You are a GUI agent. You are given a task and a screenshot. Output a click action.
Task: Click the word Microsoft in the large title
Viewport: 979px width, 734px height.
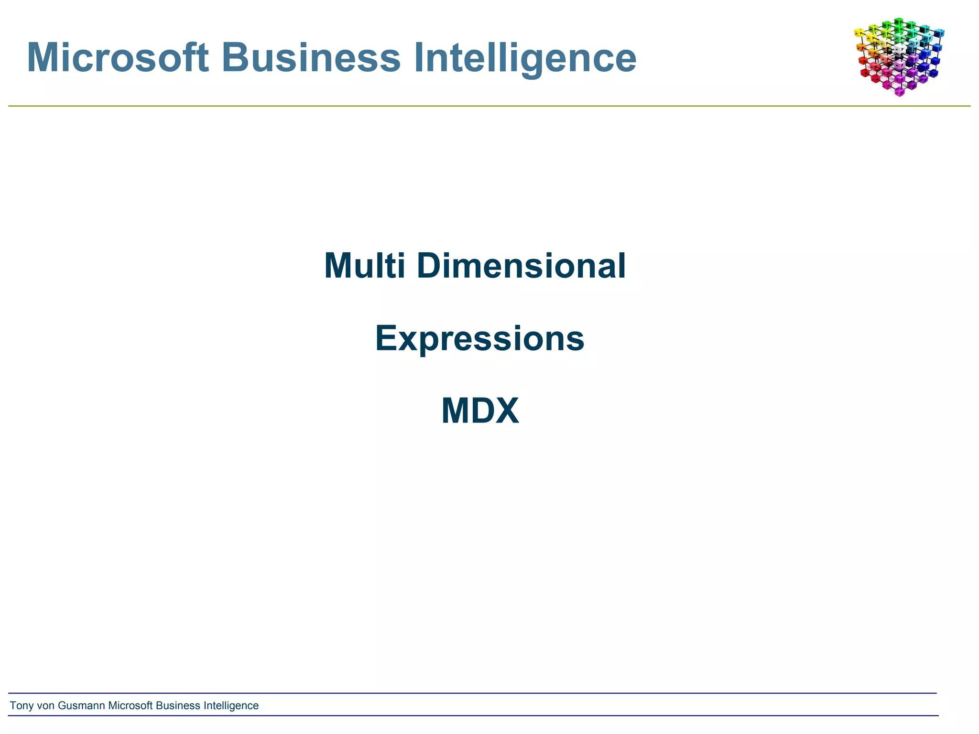[x=118, y=57]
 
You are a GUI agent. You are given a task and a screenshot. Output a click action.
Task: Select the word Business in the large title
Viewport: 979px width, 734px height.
[x=311, y=57]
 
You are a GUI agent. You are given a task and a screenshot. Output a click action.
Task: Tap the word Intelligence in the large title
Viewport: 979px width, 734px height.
[x=524, y=57]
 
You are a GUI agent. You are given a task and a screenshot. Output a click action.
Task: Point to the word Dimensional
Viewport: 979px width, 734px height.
[x=521, y=266]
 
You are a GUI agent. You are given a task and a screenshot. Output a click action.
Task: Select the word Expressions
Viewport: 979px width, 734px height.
[x=479, y=338]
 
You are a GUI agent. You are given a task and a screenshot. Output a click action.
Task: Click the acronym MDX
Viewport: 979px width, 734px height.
[x=480, y=411]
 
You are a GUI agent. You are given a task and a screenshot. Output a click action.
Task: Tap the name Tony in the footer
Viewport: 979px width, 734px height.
[x=22, y=706]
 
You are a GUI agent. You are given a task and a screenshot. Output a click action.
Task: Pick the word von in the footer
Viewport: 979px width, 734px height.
[x=45, y=706]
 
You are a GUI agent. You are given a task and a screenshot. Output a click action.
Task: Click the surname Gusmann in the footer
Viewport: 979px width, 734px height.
[x=81, y=706]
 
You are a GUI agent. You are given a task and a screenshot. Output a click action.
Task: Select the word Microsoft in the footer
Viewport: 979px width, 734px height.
[x=131, y=706]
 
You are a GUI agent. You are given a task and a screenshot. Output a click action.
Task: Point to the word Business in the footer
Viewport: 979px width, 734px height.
[x=178, y=706]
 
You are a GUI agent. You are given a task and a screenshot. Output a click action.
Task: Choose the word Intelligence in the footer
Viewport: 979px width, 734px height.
[x=231, y=706]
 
